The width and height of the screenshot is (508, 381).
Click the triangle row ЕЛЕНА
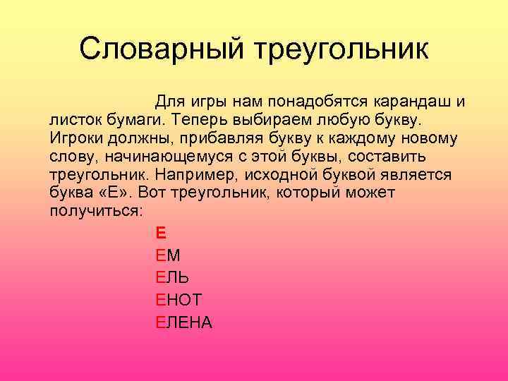[183, 322]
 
